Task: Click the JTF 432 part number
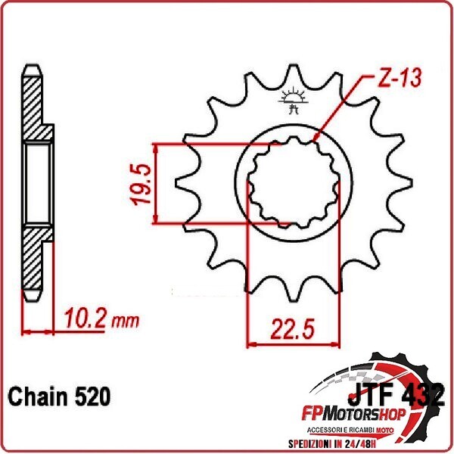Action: point(396,393)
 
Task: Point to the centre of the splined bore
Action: point(293,184)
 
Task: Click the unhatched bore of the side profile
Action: point(36,183)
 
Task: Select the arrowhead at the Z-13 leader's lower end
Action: point(313,139)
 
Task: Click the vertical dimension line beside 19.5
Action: point(157,183)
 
